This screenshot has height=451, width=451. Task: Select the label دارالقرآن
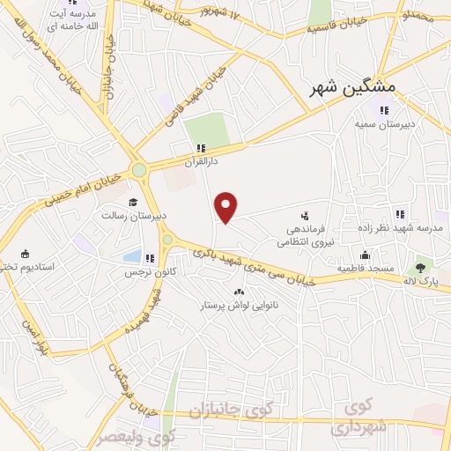point(201,161)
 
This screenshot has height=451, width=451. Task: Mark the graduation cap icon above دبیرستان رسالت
point(133,202)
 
